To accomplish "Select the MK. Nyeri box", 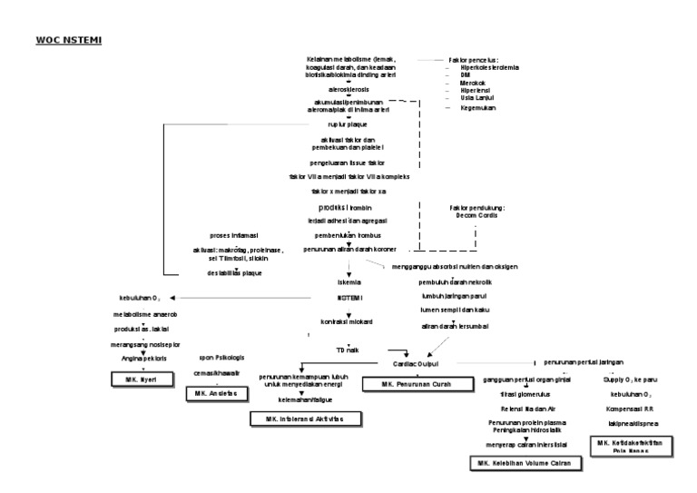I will (137, 380).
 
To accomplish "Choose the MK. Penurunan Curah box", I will (407, 384).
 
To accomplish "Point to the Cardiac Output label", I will (415, 361).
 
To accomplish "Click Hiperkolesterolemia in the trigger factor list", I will (490, 68).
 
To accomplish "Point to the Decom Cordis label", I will (476, 216).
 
